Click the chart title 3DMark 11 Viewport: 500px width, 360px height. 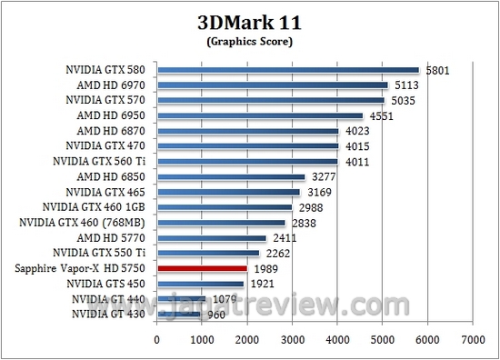point(250,21)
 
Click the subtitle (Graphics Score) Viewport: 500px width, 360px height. point(250,40)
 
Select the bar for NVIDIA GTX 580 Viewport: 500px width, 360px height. point(288,69)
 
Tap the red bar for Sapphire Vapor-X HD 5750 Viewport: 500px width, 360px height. point(202,268)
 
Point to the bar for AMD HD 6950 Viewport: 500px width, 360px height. point(260,115)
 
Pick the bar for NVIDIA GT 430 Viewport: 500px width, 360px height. point(179,314)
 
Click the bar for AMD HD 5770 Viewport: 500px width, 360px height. point(212,238)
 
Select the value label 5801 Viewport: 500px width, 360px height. point(436,70)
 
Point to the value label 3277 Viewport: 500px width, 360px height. point(323,177)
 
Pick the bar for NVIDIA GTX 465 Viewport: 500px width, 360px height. point(229,192)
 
